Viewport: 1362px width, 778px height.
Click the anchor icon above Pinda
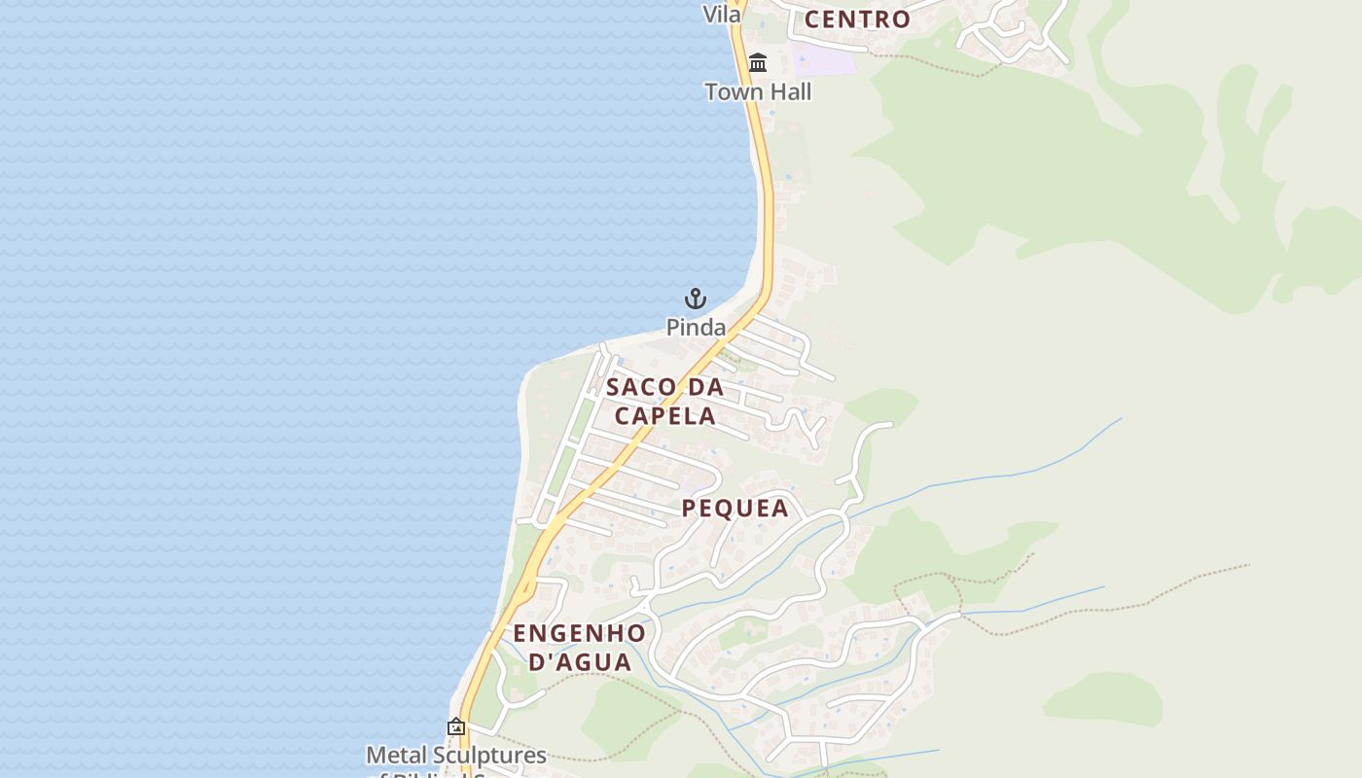pos(696,299)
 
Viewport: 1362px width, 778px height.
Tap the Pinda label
pos(696,328)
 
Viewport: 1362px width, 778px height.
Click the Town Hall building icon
pos(758,63)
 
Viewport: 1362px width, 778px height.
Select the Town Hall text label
pos(758,92)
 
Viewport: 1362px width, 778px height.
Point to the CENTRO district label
pos(857,19)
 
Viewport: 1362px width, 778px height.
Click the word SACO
pos(641,387)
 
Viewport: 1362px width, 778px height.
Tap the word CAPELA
pos(665,416)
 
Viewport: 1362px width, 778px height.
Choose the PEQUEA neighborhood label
pos(735,509)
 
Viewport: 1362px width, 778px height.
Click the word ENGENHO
pos(579,634)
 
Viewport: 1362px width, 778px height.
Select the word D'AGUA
pos(579,663)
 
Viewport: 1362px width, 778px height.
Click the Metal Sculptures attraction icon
pos(455,726)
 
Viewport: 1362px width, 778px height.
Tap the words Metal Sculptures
pos(455,756)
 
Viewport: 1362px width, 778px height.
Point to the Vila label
pos(722,15)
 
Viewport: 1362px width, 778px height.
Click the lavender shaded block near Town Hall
pos(823,57)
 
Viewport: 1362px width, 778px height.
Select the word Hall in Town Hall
pos(788,92)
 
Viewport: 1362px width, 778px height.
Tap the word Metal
pos(392,756)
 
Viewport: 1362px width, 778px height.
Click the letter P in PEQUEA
pos(690,509)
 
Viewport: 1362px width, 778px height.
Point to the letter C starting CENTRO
pos(813,19)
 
